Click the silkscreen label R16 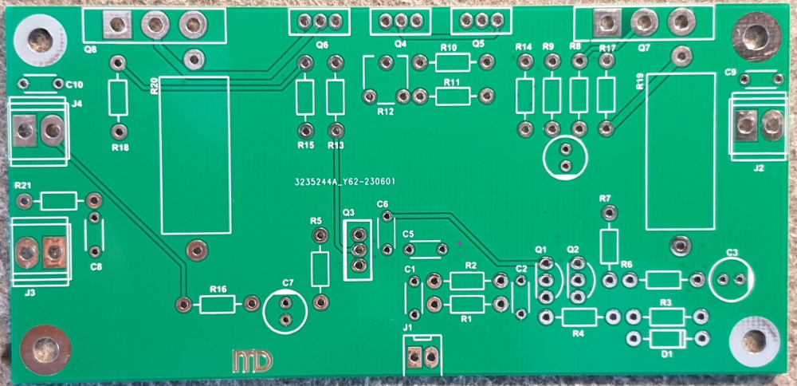pyautogui.click(x=218, y=289)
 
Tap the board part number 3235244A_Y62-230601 pyautogui.click(x=340, y=182)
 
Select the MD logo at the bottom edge pyautogui.click(x=252, y=360)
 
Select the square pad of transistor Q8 pyautogui.click(x=119, y=26)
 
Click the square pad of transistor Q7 pyautogui.click(x=607, y=24)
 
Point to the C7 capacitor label pyautogui.click(x=289, y=283)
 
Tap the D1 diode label pyautogui.click(x=668, y=353)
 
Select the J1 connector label pyautogui.click(x=408, y=327)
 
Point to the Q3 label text pyautogui.click(x=349, y=214)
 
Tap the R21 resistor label pyautogui.click(x=22, y=185)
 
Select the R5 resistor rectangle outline pyautogui.click(x=320, y=269)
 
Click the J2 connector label pyautogui.click(x=758, y=168)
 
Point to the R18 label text pyautogui.click(x=120, y=148)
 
